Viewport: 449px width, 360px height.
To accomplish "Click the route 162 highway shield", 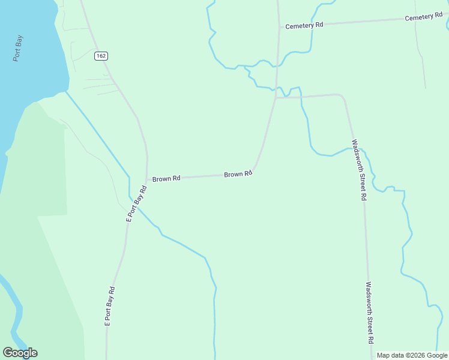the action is click(x=101, y=56).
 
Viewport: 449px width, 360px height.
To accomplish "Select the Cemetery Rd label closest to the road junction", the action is click(x=304, y=26).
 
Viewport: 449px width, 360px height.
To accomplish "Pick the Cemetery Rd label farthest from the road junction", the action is click(x=423, y=17).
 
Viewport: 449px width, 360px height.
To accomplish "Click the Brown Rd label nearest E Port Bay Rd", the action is click(x=166, y=179).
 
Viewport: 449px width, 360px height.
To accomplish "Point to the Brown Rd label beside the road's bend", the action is click(x=238, y=174).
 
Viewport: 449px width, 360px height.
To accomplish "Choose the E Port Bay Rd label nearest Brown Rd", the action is click(x=136, y=204).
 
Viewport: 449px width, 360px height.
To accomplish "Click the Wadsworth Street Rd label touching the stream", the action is click(x=359, y=170).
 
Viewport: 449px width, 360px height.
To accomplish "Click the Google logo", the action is click(x=20, y=353).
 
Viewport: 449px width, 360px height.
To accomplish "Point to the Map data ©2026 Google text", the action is click(x=412, y=355).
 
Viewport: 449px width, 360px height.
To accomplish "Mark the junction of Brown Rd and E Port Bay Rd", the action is click(x=146, y=179).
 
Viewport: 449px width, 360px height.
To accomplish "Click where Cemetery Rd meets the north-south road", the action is click(x=279, y=27).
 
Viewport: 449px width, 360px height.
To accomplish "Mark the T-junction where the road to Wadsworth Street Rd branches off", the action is click(x=276, y=98).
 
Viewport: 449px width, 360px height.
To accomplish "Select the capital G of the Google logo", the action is click(x=7, y=353).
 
